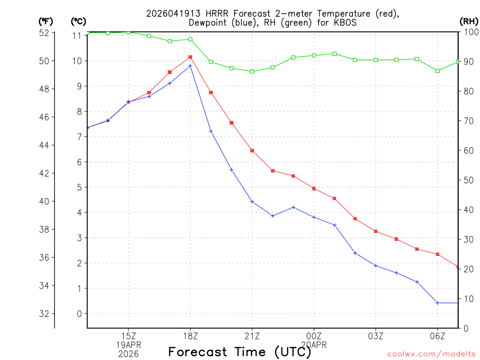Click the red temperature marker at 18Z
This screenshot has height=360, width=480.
(x=190, y=57)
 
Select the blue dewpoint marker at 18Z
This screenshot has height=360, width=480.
(x=190, y=66)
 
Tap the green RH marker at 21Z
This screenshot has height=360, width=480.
(x=252, y=71)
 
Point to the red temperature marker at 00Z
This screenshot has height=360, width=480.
(x=314, y=188)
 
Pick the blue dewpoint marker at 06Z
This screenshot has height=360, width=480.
(x=437, y=303)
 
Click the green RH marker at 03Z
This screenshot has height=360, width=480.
(x=376, y=60)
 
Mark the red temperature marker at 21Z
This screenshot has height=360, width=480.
(x=252, y=150)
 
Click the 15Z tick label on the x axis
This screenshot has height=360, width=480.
(x=128, y=336)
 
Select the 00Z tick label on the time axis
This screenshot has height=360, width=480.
(x=314, y=336)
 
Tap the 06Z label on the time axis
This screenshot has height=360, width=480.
(x=437, y=336)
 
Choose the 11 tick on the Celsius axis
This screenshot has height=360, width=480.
(x=78, y=36)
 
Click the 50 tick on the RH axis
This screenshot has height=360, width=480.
(x=467, y=180)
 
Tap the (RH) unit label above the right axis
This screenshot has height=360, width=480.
(x=468, y=21)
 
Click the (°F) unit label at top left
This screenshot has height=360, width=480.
(x=45, y=21)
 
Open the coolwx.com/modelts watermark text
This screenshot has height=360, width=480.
(x=431, y=354)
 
